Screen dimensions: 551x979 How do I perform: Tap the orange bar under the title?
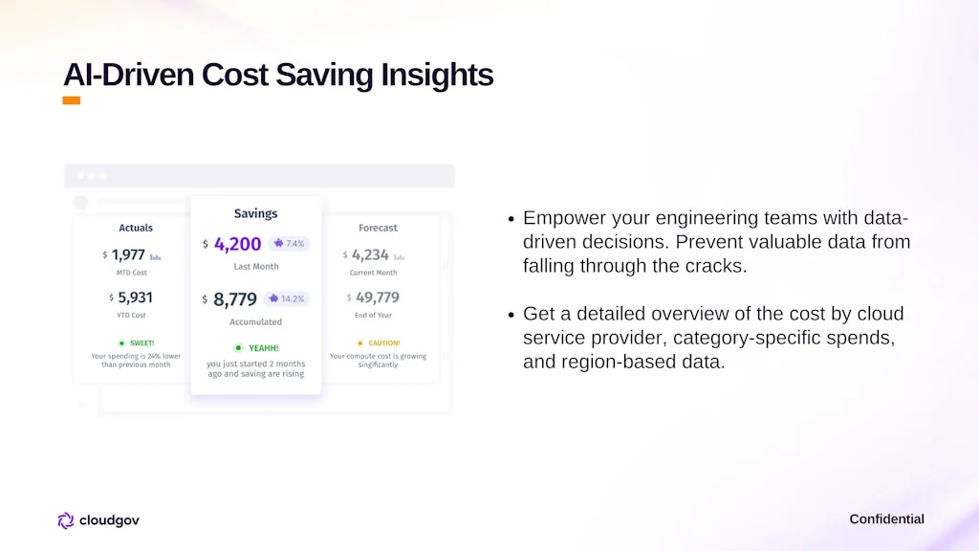71,100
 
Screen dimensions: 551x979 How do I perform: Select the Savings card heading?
255,213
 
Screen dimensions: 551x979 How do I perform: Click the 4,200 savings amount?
237,244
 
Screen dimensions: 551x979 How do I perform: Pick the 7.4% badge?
289,244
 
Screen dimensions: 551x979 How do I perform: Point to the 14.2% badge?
286,298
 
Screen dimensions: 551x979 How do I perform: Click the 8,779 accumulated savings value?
235,299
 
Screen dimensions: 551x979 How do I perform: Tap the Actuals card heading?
136,228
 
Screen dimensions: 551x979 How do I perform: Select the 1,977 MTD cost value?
128,254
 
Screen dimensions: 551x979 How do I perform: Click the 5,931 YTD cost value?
135,298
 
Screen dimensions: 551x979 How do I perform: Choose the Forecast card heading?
378,228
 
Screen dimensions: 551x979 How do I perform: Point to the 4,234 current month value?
370,254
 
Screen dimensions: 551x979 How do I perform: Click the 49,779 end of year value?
377,298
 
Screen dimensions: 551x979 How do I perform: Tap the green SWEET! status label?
141,342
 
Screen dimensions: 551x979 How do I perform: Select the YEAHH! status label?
263,348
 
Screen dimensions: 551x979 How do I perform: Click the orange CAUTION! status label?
383,342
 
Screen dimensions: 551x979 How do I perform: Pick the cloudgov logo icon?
65,520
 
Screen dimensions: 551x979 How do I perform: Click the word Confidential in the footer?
886,519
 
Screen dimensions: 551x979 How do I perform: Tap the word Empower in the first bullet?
562,218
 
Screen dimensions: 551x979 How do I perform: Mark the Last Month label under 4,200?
255,267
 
